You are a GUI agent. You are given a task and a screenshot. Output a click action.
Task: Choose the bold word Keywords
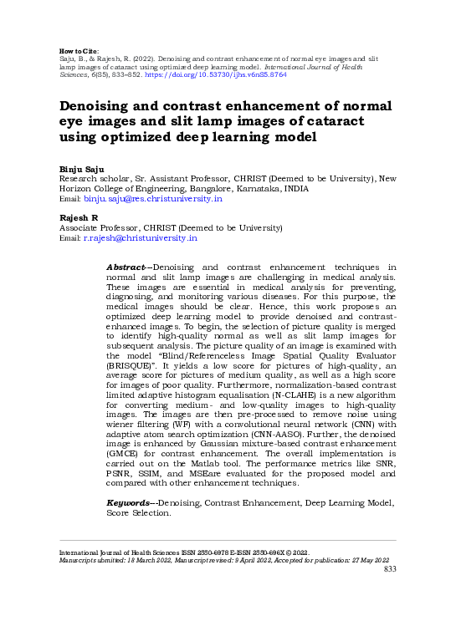click(x=130, y=503)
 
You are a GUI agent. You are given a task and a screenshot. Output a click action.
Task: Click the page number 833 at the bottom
click(x=389, y=569)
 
